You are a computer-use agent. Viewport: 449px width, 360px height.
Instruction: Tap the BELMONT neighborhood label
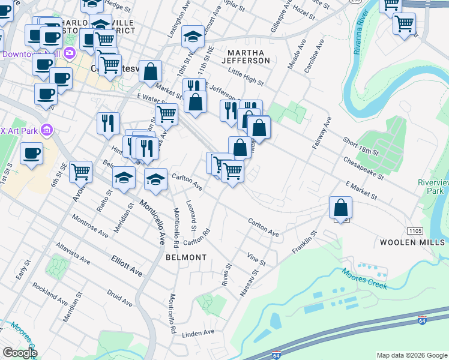click(186, 257)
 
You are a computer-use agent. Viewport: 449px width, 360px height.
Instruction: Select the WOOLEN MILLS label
click(411, 242)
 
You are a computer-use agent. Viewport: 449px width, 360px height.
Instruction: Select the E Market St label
click(360, 191)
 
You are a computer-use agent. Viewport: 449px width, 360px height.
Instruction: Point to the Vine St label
click(256, 259)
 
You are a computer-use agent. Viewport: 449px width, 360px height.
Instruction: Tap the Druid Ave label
click(119, 298)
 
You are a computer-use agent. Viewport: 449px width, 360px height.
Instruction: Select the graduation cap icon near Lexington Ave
click(193, 37)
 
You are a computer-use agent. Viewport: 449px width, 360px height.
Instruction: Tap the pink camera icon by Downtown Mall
click(70, 53)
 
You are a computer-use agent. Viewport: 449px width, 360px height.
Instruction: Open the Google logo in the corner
click(19, 353)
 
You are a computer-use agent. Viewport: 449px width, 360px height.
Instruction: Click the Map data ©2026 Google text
click(411, 355)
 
